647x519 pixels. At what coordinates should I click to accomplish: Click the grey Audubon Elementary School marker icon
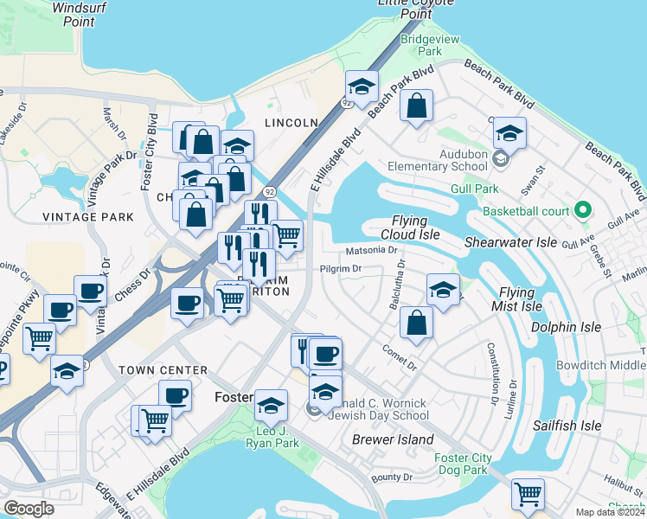click(x=500, y=158)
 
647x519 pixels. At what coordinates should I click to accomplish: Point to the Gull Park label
click(x=474, y=189)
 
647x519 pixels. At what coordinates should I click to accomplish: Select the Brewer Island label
click(x=393, y=440)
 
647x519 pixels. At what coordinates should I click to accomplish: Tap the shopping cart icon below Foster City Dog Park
click(x=528, y=495)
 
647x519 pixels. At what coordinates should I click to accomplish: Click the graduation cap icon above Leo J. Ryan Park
click(x=272, y=405)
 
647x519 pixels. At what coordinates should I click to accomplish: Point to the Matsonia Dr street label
click(x=370, y=251)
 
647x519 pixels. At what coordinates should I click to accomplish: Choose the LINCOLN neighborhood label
click(x=291, y=124)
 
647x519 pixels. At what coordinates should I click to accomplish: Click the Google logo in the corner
click(x=29, y=509)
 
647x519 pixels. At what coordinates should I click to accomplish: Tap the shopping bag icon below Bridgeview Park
click(x=417, y=106)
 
